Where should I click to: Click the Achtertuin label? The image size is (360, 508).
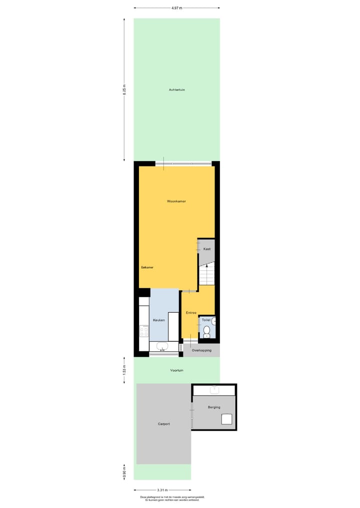(177, 90)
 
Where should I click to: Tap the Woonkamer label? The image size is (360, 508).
(176, 201)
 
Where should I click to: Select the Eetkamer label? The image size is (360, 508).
(147, 267)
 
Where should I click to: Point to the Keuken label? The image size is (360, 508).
(158, 320)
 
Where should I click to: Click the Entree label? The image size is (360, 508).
(191, 313)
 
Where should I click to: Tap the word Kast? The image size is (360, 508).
(207, 249)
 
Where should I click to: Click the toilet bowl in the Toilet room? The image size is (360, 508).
(206, 330)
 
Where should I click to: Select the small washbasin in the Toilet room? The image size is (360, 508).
(213, 321)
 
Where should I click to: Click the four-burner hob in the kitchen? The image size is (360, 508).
(144, 330)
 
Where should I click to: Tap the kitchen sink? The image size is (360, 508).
(163, 347)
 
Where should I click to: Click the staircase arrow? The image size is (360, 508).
(206, 267)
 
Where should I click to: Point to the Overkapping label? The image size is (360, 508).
(202, 350)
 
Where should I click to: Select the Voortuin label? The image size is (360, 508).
(176, 370)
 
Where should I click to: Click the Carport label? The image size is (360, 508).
(164, 424)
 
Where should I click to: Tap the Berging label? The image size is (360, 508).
(214, 407)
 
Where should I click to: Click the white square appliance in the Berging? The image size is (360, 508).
(227, 419)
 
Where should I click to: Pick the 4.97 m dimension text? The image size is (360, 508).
(176, 8)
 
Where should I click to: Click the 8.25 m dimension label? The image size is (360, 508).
(124, 90)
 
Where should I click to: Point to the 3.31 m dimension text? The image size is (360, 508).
(162, 490)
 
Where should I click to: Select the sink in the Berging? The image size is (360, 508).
(214, 389)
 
